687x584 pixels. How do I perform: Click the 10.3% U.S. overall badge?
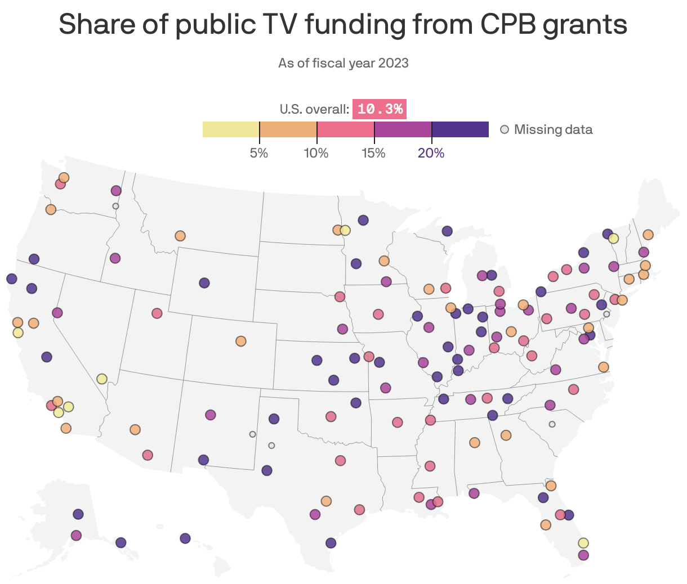[380, 109]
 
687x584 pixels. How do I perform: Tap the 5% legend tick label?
[259, 153]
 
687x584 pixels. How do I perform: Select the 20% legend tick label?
[431, 153]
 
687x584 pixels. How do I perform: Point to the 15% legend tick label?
[374, 153]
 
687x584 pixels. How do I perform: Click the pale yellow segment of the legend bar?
[231, 129]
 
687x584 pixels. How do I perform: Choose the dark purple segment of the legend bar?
[460, 129]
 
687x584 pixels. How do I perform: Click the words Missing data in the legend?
[553, 130]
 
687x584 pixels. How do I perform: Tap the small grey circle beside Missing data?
[505, 130]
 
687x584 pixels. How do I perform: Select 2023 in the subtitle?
[393, 63]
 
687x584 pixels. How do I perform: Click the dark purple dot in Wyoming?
[204, 283]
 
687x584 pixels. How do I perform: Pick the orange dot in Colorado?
[241, 341]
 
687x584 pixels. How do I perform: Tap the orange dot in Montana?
[180, 236]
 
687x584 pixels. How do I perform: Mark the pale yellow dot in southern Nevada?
[102, 379]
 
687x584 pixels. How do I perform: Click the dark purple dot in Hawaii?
[185, 538]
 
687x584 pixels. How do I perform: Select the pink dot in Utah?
[157, 313]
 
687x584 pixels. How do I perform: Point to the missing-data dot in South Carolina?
[552, 424]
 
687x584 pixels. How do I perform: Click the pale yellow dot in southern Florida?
[583, 543]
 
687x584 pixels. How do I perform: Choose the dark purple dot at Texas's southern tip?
[331, 543]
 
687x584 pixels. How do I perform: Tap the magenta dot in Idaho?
[115, 258]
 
